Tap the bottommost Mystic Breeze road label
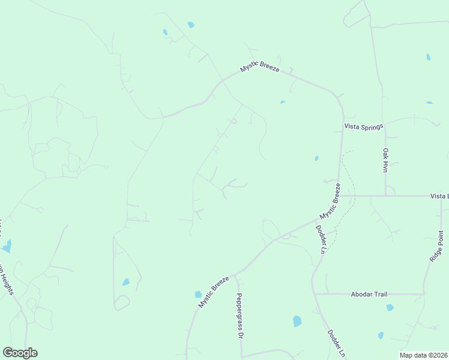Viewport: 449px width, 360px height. (214, 292)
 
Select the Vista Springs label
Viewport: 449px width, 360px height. (363, 127)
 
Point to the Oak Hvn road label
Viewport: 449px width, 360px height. (386, 161)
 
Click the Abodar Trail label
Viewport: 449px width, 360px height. (369, 294)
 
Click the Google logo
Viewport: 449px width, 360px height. (20, 353)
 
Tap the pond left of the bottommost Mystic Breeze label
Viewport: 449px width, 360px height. (198, 295)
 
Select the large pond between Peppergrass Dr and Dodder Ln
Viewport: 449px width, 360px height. (297, 321)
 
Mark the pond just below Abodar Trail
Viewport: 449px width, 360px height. (390, 308)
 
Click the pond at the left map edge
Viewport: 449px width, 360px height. (7, 246)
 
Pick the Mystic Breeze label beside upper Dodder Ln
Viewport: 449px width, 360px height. (330, 205)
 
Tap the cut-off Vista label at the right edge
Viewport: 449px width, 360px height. (439, 196)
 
